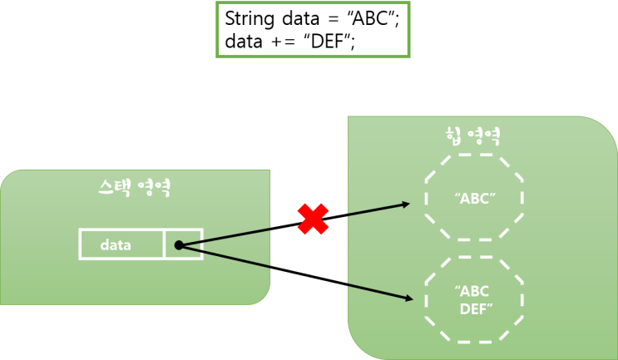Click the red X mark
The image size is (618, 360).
314,219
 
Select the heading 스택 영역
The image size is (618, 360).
134,188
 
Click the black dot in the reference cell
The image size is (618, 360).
178,245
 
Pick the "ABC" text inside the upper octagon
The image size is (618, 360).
475,200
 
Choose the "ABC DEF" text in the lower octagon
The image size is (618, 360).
475,300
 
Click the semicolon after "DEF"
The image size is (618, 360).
353,42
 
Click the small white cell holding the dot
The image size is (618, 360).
184,244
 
